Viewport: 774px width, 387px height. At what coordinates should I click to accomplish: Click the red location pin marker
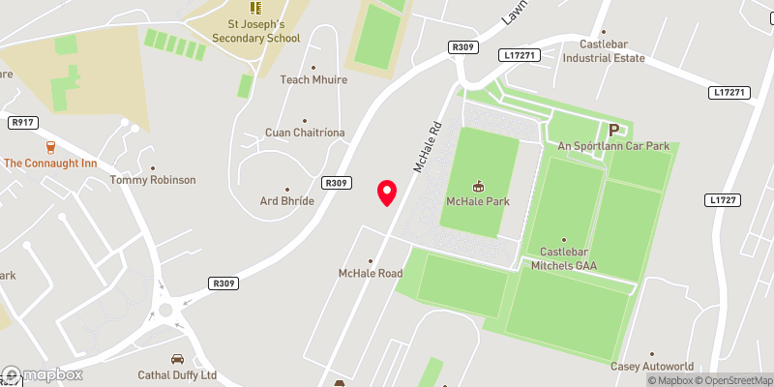coord(387,193)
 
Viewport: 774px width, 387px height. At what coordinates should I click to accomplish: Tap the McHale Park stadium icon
coord(478,185)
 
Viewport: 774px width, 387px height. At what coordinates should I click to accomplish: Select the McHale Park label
coord(478,201)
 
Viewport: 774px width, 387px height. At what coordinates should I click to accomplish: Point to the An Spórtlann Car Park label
coord(613,146)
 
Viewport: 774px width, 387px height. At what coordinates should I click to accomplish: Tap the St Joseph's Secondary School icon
coord(255,8)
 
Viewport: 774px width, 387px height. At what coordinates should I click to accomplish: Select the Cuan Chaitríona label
coord(305,133)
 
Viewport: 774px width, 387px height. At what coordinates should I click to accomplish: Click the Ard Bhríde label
coord(287,200)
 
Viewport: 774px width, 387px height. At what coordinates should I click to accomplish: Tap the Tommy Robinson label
coord(153,180)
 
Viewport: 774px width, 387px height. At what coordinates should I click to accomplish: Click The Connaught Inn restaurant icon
coord(50,146)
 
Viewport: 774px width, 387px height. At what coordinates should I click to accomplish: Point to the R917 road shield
coord(22,123)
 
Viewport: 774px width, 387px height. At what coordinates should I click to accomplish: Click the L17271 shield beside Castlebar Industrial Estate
coord(520,57)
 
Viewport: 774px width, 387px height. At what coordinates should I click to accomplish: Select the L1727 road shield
coord(722,199)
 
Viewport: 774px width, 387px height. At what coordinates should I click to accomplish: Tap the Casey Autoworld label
coord(651,367)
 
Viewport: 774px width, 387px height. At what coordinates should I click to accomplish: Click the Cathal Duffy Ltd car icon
coord(177,359)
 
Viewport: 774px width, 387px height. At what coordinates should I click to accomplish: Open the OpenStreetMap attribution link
coord(732,379)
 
